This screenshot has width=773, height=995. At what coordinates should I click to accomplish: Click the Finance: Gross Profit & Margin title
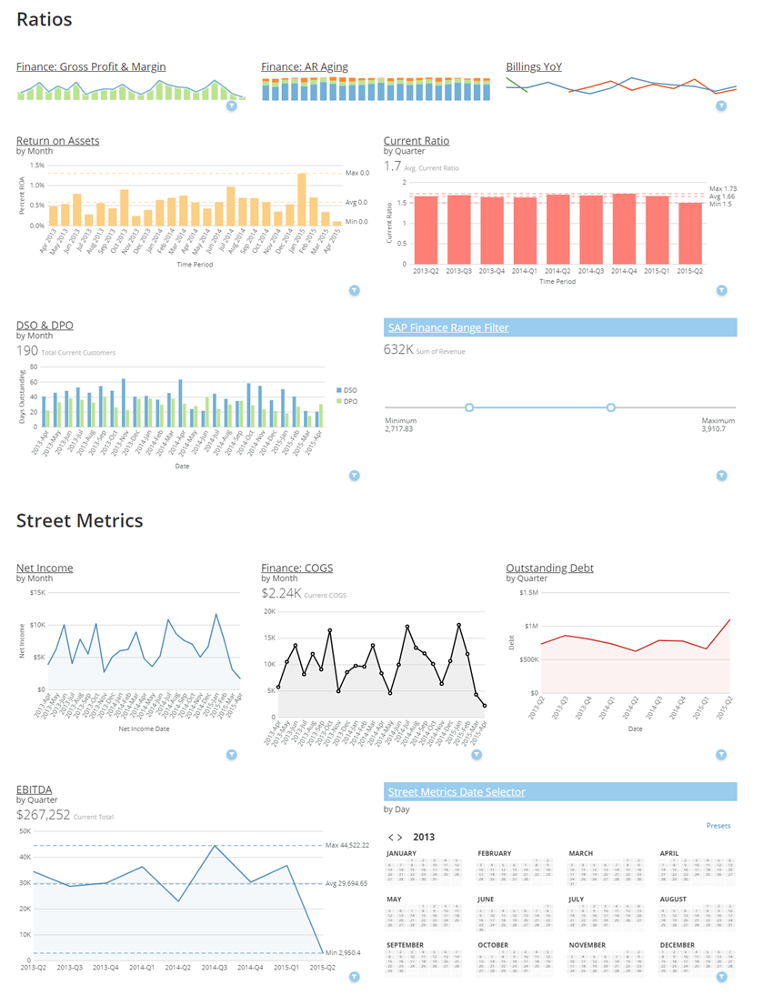[x=91, y=66]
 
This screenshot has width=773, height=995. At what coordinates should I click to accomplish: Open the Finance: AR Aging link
[x=304, y=66]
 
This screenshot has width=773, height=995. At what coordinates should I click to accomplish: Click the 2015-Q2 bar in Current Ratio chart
[x=690, y=233]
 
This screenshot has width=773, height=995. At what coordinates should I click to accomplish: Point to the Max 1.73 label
[x=723, y=188]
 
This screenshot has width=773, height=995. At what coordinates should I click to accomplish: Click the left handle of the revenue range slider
[x=469, y=407]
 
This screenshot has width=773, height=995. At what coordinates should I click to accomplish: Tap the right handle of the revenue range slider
[x=611, y=407]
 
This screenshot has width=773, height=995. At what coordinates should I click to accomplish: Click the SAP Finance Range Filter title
[x=448, y=327]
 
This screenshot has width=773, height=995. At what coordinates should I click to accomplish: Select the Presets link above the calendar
[x=718, y=826]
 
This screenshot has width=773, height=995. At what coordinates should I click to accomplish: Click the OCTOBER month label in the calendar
[x=494, y=945]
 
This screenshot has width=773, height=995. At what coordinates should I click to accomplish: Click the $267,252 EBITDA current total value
[x=43, y=816]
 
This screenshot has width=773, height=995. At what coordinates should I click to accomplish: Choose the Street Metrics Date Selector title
[x=457, y=791]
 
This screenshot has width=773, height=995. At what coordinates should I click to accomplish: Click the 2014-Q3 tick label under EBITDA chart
[x=215, y=968]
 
